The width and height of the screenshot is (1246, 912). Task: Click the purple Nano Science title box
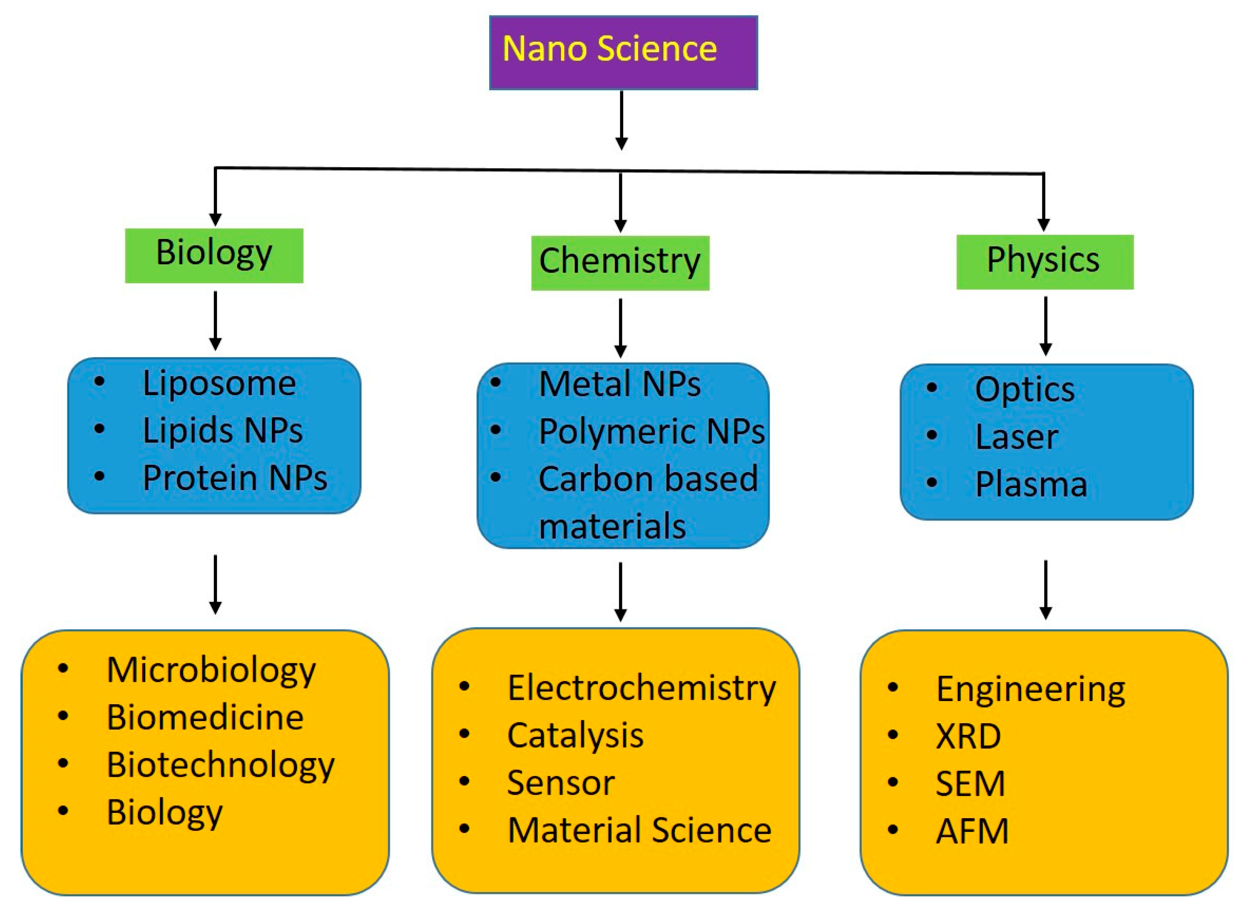tap(623, 53)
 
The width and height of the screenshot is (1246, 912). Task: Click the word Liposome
tap(219, 383)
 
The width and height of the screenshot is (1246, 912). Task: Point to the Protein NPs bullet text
tap(235, 478)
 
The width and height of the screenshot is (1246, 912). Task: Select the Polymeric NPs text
tap(651, 431)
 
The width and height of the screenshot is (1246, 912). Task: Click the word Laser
tap(1016, 437)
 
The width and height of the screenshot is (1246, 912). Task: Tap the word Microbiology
tap(211, 671)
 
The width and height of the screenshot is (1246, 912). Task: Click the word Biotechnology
tap(220, 766)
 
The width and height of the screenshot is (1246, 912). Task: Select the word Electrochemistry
tap(642, 689)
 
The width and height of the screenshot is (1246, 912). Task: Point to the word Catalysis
tap(575, 736)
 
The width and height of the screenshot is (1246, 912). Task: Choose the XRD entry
tap(968, 736)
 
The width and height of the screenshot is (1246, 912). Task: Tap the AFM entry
tap(972, 831)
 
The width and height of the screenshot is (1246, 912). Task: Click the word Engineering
tap(1030, 689)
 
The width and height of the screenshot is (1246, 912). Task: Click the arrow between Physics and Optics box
tap(1045, 326)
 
